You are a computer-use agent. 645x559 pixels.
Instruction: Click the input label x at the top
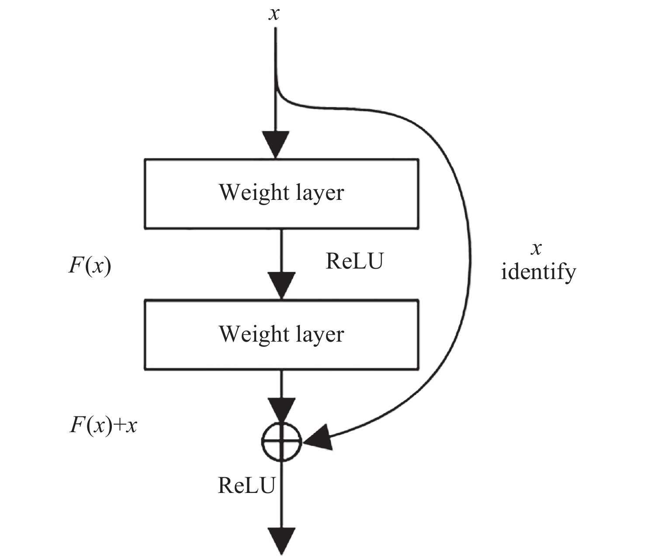pos(274,14)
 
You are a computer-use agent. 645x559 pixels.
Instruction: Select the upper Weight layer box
pos(281,193)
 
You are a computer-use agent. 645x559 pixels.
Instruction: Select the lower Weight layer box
pos(281,335)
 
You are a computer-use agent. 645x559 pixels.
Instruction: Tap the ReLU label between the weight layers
pos(354,262)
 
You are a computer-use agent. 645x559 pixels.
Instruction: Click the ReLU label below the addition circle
pos(246,485)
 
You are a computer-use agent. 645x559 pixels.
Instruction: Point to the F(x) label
pos(90,266)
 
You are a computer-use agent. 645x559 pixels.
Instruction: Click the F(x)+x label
pos(104,425)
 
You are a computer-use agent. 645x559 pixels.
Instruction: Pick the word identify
pos(538,273)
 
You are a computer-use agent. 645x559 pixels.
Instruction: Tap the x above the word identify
pos(536,249)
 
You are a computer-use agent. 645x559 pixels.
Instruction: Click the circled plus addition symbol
pos(282,442)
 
